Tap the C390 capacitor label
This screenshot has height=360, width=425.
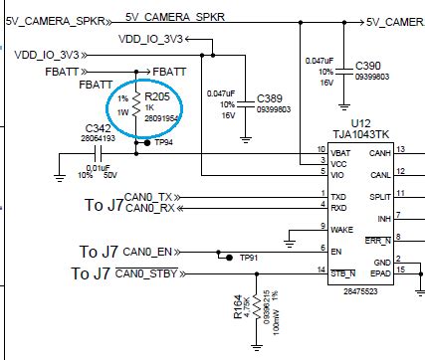[x=372, y=65]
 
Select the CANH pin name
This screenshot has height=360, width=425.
[x=380, y=152]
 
